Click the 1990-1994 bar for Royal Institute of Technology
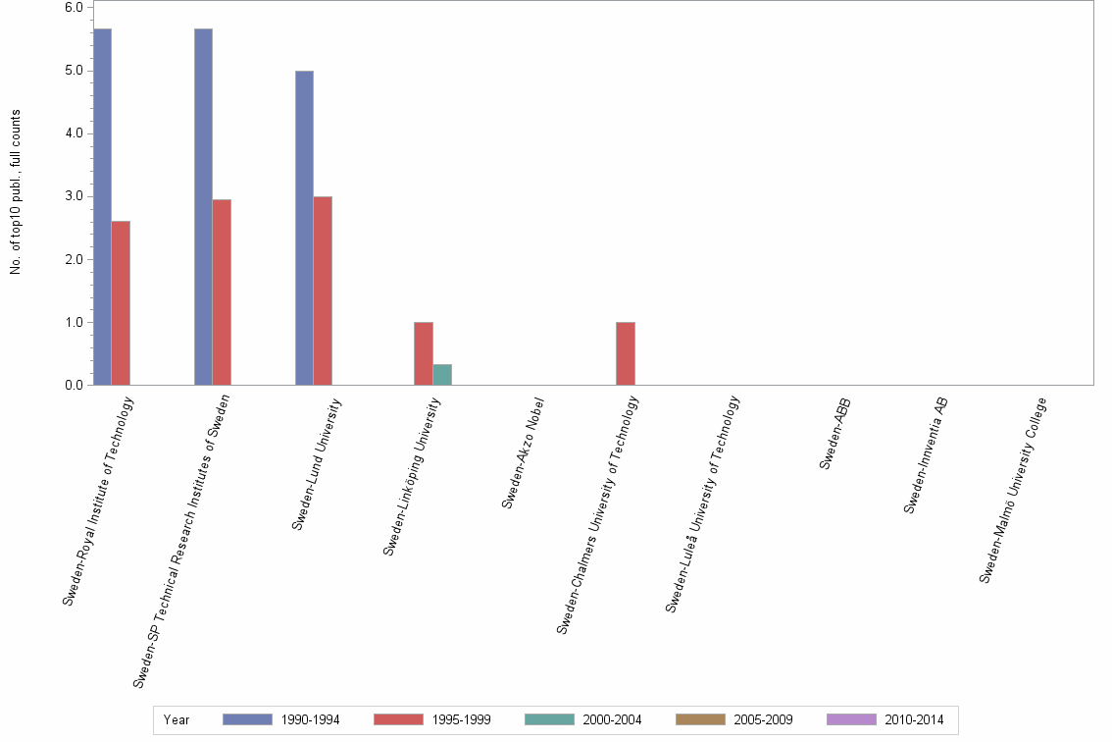(102, 206)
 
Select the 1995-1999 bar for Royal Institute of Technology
(121, 302)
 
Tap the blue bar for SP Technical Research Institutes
(203, 206)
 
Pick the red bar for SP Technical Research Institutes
(222, 291)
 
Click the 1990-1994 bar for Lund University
(304, 228)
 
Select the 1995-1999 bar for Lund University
(323, 291)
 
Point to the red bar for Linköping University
(424, 353)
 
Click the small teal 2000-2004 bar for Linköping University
(442, 374)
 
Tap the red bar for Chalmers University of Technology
(626, 353)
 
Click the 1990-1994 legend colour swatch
(247, 719)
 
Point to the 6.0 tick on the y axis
(74, 7)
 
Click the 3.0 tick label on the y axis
(74, 196)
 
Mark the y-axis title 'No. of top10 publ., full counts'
(16, 191)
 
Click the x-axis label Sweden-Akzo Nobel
(523, 452)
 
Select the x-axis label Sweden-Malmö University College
(1015, 489)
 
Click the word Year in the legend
(177, 719)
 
